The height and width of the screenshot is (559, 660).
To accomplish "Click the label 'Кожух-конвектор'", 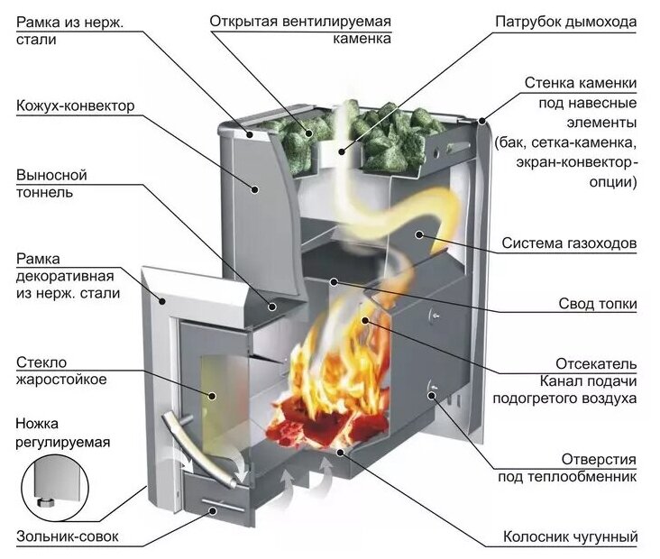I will coord(75,106).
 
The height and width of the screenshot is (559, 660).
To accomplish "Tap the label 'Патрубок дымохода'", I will coord(566,21).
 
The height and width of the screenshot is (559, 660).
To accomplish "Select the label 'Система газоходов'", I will coord(570,244).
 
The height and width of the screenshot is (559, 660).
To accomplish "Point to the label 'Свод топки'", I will coord(596,305).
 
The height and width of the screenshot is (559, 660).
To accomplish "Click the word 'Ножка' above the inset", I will coord(41,424).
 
